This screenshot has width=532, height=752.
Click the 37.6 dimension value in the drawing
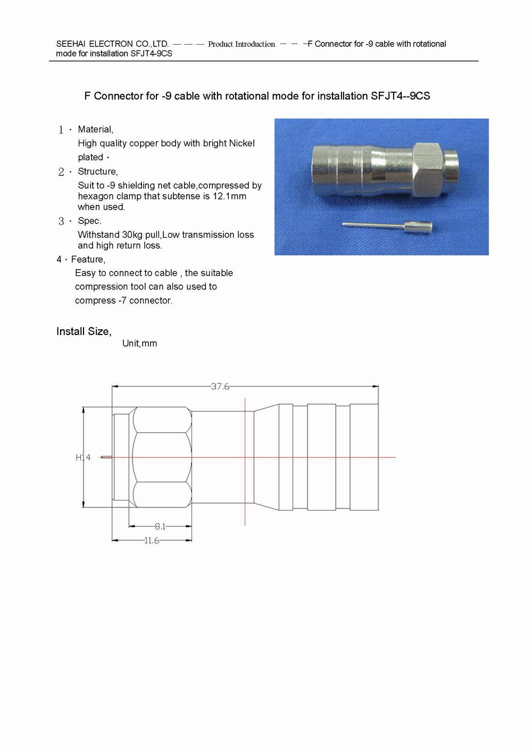(220, 387)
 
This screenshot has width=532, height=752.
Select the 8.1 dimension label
(160, 527)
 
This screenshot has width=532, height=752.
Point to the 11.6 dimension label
(152, 541)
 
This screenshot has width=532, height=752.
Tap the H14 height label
(83, 457)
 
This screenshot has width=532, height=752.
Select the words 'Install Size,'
(84, 331)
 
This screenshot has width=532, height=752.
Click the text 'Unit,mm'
(139, 344)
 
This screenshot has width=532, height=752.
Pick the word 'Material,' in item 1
(95, 129)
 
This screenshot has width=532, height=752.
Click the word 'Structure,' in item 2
(98, 171)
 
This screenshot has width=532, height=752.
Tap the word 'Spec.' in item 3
(89, 221)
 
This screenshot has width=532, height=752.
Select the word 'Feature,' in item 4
(88, 260)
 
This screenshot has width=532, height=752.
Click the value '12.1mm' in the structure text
(229, 196)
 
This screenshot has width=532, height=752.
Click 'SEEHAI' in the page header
(71, 44)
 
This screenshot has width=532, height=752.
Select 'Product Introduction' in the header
(242, 44)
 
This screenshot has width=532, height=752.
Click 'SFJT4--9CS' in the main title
(401, 96)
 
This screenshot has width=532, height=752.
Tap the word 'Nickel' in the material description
(242, 143)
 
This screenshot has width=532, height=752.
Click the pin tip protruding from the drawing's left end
(105, 457)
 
